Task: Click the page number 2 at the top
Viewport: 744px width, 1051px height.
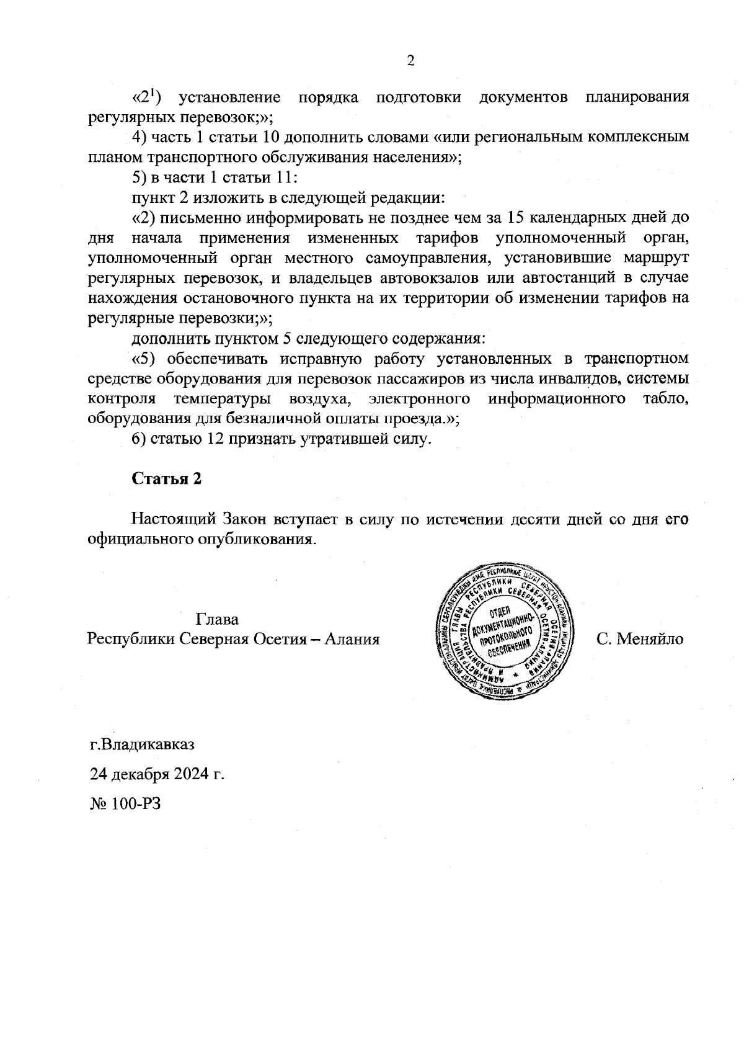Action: (409, 60)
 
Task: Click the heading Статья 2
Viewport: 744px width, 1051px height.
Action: (167, 479)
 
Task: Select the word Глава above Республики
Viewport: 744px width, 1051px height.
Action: (217, 619)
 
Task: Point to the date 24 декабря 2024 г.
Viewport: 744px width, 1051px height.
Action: (157, 774)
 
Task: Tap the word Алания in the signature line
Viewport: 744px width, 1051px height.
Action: (352, 639)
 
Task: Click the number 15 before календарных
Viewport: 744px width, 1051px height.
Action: (516, 218)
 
